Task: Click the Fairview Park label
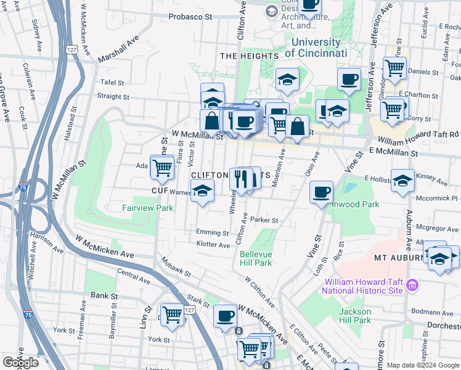coord(147,208)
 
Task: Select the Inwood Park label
coord(357,204)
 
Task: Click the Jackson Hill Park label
coord(355,316)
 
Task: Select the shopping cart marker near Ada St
coord(162,166)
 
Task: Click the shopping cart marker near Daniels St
coord(394,67)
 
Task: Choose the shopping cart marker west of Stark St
coord(173,314)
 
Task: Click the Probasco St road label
coord(190,17)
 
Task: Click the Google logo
coord(21,363)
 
